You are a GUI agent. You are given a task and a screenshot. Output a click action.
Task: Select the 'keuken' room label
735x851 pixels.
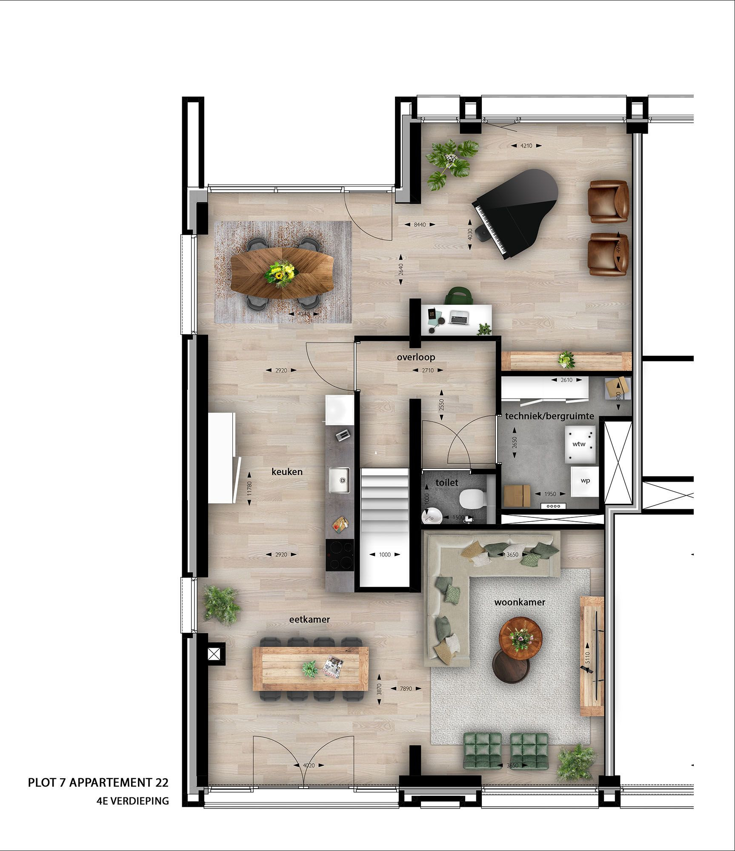(x=287, y=471)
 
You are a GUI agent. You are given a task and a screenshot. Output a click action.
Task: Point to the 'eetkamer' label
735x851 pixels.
(x=309, y=620)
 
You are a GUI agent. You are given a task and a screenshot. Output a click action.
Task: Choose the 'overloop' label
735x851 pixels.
(x=416, y=357)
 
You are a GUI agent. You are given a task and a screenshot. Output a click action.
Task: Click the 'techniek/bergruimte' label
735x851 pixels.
(x=549, y=416)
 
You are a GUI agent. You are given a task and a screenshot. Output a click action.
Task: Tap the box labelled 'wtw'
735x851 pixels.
(x=579, y=444)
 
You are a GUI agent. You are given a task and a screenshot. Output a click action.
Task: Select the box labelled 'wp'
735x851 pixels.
(x=585, y=481)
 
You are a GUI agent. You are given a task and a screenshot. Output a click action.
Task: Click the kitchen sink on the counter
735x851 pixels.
(x=339, y=480)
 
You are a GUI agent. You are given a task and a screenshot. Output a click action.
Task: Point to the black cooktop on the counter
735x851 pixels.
(x=340, y=555)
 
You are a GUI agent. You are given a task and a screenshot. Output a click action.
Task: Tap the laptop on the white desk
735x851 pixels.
(x=459, y=317)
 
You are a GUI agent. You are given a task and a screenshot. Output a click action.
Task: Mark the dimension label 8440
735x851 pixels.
(x=420, y=225)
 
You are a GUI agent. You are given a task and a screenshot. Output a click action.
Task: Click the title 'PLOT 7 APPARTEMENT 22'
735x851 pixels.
(x=98, y=782)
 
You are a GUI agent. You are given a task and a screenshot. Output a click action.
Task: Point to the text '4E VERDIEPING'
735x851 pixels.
(x=132, y=801)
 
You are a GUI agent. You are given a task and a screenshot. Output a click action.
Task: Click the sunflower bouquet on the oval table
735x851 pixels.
(x=281, y=273)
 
